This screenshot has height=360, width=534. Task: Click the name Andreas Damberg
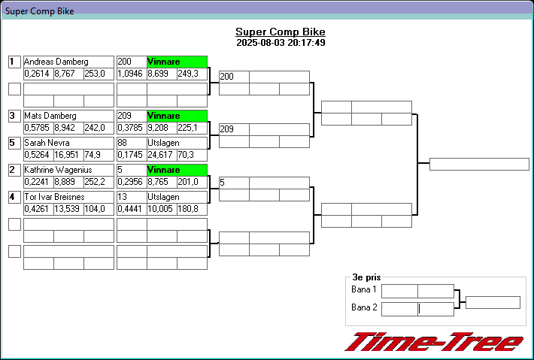[56, 62]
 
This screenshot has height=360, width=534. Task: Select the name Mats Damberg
[50, 116]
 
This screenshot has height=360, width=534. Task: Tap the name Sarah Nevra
[47, 142]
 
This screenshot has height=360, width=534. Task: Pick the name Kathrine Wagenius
[58, 170]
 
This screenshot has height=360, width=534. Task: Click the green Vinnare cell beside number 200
[177, 62]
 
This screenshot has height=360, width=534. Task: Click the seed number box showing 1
[14, 62]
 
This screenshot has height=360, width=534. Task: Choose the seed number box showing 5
[14, 142]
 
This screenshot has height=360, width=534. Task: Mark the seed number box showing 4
[14, 197]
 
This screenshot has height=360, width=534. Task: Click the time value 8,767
[64, 74]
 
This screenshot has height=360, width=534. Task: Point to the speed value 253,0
[94, 74]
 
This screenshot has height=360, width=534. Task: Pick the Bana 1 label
[364, 290]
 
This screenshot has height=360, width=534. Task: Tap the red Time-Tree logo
[434, 342]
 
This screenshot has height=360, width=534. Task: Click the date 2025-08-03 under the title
[259, 43]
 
